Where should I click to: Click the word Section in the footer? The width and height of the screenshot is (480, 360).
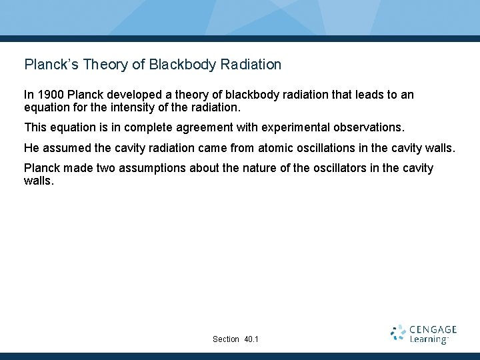click(226, 339)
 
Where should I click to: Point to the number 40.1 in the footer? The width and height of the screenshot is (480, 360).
click(251, 339)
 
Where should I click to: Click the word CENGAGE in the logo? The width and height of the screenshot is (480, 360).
click(433, 329)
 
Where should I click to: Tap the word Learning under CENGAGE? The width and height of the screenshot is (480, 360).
click(428, 340)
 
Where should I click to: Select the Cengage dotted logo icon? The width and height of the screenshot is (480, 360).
click(398, 333)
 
